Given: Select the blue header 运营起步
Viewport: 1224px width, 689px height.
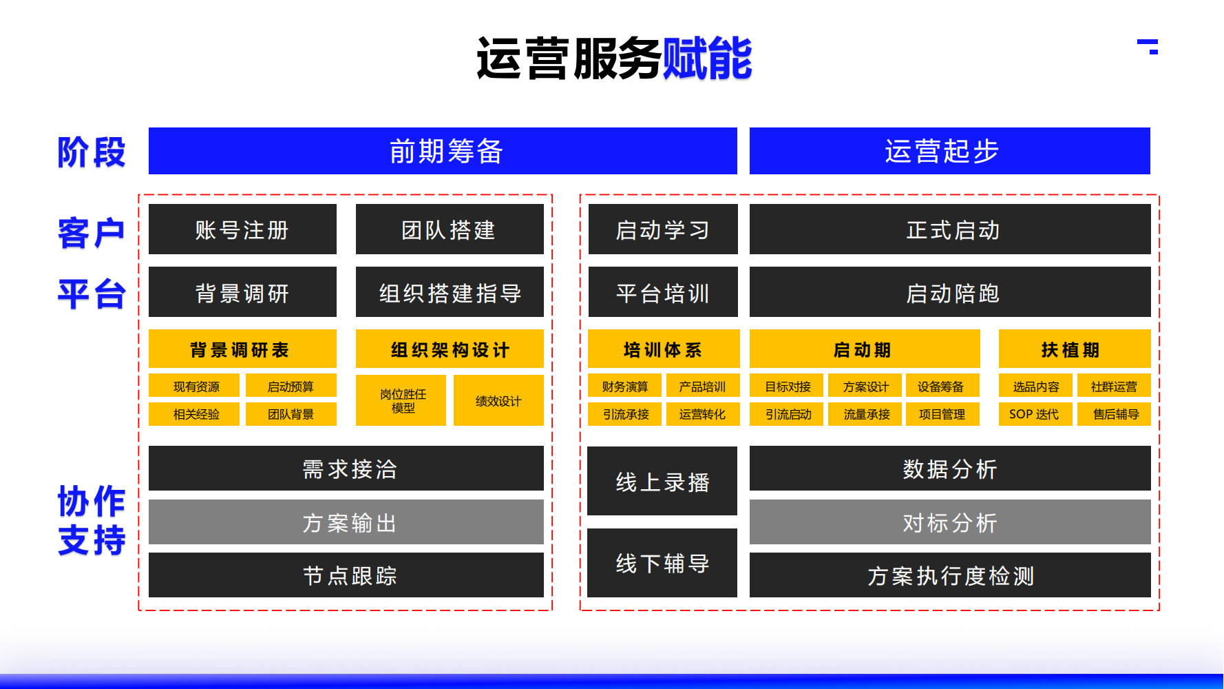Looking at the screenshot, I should coord(949,151).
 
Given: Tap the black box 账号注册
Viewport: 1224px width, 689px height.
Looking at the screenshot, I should coord(242,229).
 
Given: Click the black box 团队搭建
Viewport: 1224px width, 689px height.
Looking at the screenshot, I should coord(449,229).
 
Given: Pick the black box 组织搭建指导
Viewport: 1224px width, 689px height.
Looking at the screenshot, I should coord(449,292).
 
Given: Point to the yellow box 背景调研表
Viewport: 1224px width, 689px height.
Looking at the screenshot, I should coord(242,349).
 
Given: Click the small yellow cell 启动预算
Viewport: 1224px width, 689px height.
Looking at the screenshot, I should coord(291,387).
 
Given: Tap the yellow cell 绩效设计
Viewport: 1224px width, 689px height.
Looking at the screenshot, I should coord(498,400).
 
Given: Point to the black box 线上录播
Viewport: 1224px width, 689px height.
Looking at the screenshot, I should coord(662,482).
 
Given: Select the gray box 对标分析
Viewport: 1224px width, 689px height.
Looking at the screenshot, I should coord(949,522).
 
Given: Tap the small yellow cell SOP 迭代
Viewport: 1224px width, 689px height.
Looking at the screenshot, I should coord(1035,414).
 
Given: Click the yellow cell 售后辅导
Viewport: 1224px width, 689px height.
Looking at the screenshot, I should coord(1114,414).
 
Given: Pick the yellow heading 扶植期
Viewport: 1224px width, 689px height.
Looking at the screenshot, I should coord(1074,349).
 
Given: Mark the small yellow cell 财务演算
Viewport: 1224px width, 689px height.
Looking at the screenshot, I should coord(624,387).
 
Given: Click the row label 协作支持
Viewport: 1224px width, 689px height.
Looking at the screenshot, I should coord(92,520).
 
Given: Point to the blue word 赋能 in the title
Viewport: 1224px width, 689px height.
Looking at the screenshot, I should coord(706,59).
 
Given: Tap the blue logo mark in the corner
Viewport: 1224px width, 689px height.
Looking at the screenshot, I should coord(1148,46).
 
